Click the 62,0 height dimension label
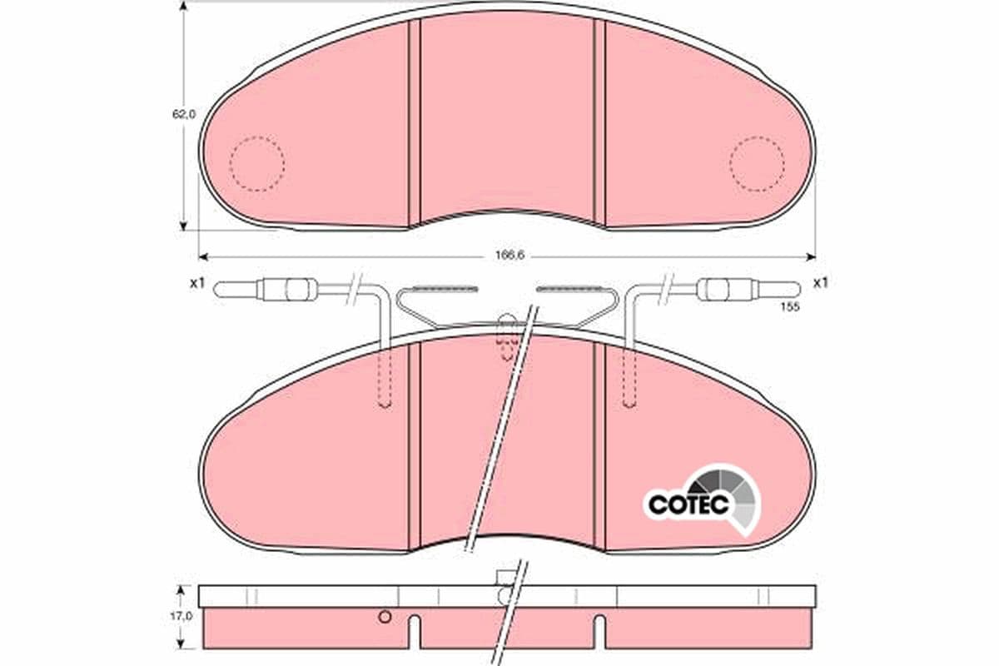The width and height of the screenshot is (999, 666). (184, 115)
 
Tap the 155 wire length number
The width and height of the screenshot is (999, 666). (789, 307)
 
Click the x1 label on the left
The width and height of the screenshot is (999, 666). (196, 283)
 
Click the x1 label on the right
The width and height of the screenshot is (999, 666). (821, 283)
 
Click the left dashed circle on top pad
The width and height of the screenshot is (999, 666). (256, 164)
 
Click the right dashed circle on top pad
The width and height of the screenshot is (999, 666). (757, 164)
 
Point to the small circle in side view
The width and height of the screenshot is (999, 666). (384, 617)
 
